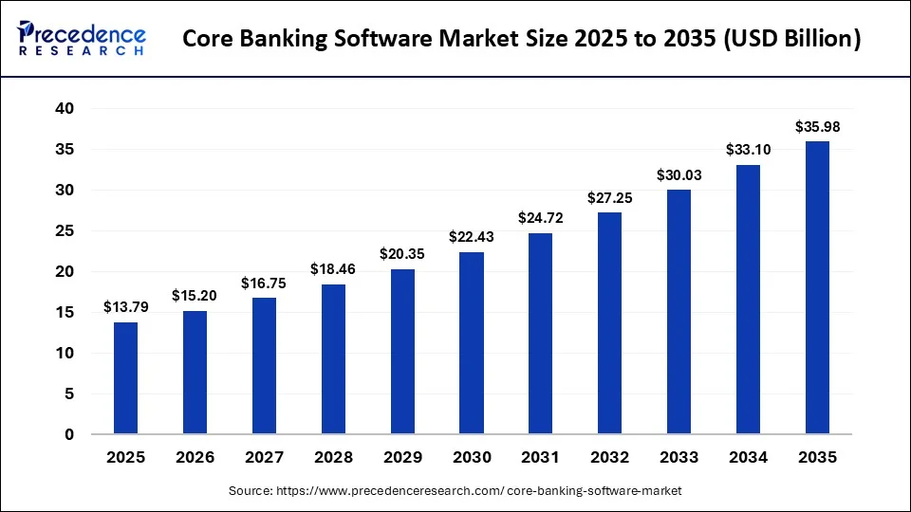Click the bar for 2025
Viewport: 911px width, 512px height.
125,378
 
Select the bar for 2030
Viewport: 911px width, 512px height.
472,343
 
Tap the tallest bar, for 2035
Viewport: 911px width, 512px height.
817,288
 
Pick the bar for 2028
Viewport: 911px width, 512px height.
333,359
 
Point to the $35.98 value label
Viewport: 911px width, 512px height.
817,127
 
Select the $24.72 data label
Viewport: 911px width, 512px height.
540,218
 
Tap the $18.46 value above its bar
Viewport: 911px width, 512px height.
333,269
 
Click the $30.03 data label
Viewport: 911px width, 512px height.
679,175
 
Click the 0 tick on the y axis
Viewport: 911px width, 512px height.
68,435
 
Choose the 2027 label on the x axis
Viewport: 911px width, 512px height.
264,458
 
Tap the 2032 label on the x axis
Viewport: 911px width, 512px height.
609,458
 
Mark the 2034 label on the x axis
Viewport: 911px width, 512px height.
748,458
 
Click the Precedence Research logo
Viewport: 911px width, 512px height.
82,38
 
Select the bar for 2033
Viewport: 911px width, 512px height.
679,312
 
